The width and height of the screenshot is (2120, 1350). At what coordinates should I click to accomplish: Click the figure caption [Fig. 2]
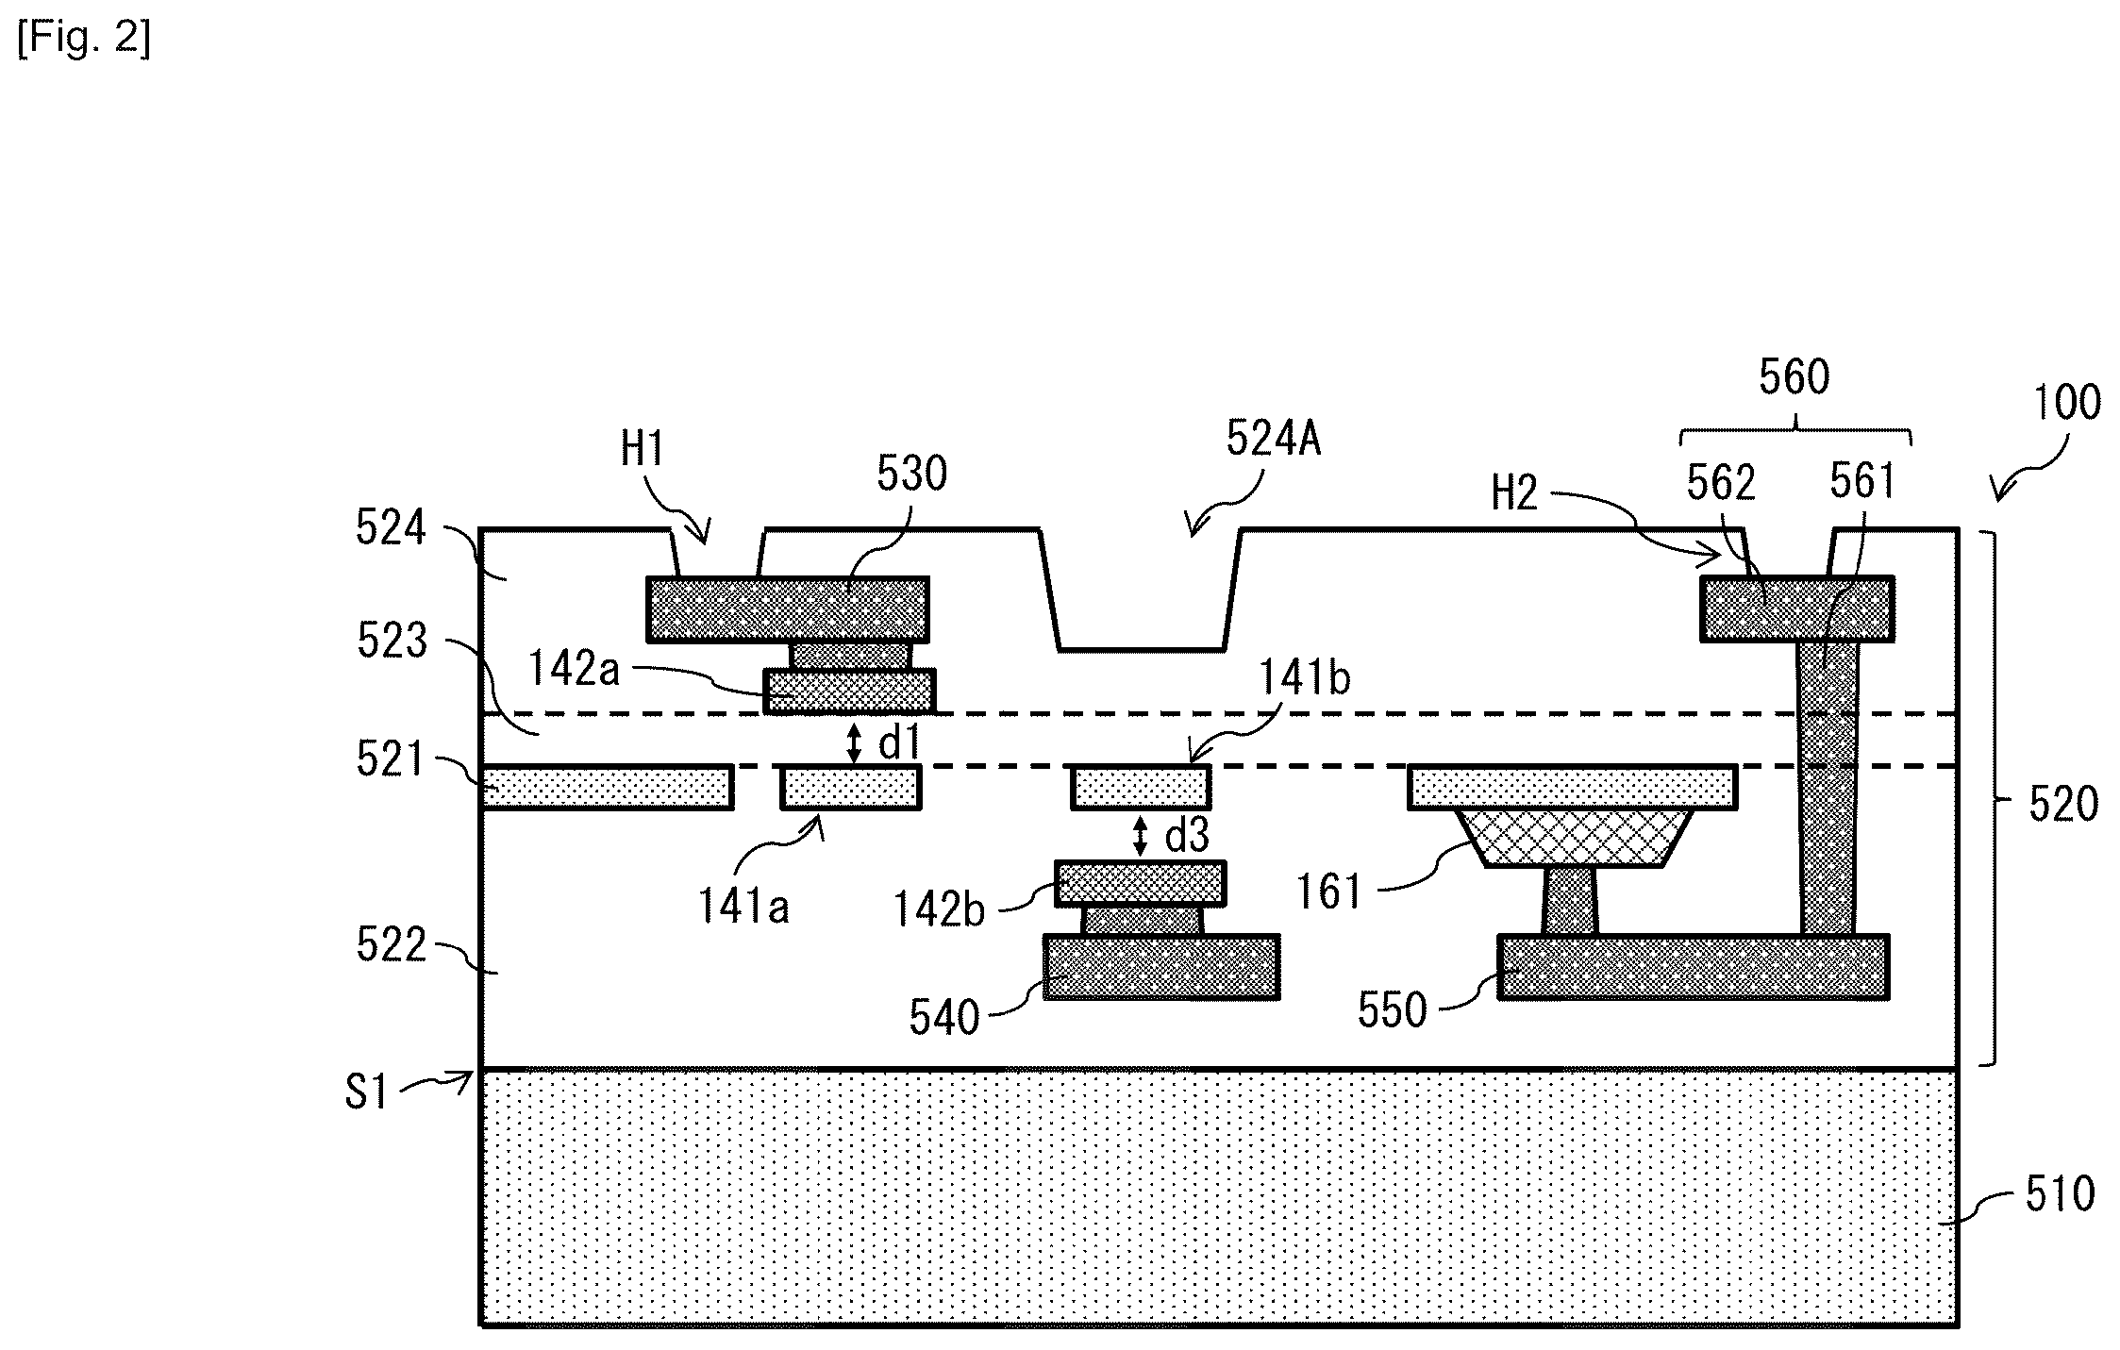83,41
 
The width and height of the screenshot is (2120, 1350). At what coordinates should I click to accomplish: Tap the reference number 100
2066,403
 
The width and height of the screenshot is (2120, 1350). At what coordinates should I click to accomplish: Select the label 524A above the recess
1273,439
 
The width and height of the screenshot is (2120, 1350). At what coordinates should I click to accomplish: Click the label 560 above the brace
1794,377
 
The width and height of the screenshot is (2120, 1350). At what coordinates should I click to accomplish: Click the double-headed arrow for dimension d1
854,742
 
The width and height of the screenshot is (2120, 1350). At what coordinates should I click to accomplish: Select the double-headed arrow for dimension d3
1141,837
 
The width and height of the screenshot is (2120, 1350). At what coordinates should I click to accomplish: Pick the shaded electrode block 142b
1141,884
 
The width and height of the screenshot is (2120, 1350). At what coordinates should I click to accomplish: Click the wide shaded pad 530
788,609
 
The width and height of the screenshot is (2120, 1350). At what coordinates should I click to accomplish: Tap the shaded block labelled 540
1161,967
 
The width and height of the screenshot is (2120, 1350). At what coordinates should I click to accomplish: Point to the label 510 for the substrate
2061,1194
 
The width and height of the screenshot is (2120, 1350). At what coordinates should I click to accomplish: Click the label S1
366,1092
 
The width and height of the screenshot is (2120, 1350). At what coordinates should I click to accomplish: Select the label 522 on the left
392,944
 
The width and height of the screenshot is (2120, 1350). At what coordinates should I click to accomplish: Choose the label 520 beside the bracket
2063,805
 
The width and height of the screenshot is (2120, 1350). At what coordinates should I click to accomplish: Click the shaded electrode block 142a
850,692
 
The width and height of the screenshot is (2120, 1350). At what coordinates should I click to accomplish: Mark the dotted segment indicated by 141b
1141,788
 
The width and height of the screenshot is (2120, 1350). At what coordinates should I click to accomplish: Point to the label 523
392,642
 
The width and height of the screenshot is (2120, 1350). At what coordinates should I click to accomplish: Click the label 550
1393,1010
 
